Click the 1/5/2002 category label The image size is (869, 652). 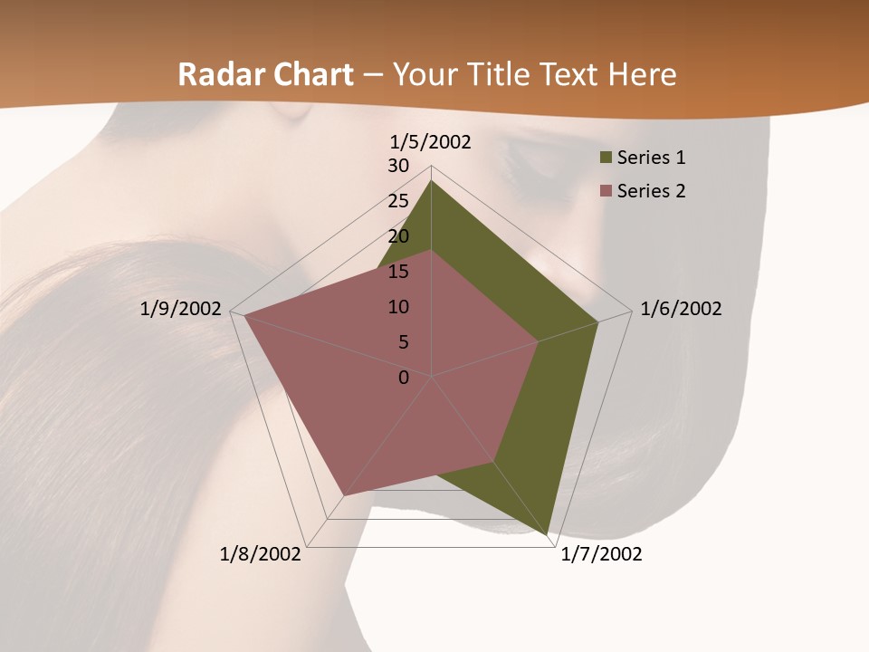point(431,142)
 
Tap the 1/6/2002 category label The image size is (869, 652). point(681,309)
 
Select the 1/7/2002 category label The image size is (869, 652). point(601,554)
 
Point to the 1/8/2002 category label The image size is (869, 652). point(261,554)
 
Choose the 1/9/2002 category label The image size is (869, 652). point(181,309)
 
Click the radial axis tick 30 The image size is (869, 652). point(398,166)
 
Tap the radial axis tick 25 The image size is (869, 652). point(398,201)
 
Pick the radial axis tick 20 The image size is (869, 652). point(398,236)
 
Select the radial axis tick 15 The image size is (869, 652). point(398,272)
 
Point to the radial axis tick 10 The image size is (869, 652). point(398,307)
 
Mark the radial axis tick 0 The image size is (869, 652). point(404,378)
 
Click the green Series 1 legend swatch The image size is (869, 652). point(606,158)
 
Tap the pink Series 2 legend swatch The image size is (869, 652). point(606,191)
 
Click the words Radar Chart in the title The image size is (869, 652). point(265,75)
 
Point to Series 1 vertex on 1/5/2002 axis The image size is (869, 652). point(431,181)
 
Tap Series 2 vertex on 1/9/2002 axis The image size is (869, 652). point(244,315)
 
